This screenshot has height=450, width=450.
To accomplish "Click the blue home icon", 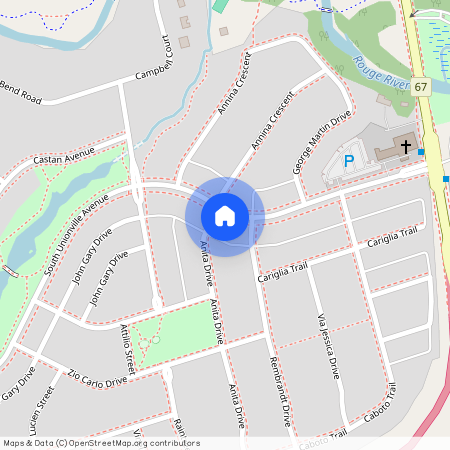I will point(225,216).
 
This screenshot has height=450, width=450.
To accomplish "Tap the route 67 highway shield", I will point(421,87).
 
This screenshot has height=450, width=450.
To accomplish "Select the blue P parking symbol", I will point(349,160).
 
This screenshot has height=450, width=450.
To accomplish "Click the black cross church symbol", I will point(405,147).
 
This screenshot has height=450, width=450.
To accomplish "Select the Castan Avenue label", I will point(63,154).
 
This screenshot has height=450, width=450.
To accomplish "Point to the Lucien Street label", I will point(43,410).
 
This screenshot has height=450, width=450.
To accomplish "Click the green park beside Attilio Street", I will point(175,335).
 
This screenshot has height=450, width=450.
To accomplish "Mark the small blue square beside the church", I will point(422,152).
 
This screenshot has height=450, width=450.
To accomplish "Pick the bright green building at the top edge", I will point(219,5).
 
